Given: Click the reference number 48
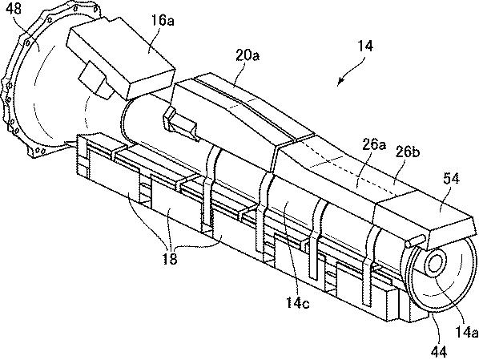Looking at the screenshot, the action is (14, 9).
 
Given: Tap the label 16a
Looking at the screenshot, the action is (163, 21).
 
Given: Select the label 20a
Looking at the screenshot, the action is (248, 55).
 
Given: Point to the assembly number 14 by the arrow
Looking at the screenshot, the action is (365, 46).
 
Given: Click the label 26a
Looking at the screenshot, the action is (373, 144).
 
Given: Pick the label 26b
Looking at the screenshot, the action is (407, 152).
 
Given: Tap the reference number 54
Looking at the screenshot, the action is (451, 178).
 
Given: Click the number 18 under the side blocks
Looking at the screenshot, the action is (170, 259).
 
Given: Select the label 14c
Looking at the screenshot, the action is (297, 302).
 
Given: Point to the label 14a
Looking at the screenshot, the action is (466, 332).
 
